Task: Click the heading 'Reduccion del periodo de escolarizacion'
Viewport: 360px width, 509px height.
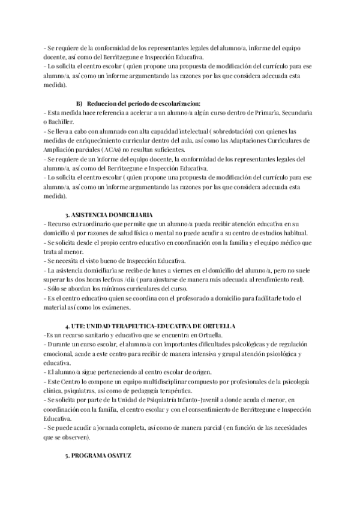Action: point(145,103)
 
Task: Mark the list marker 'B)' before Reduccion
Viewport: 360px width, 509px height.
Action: point(80,103)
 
